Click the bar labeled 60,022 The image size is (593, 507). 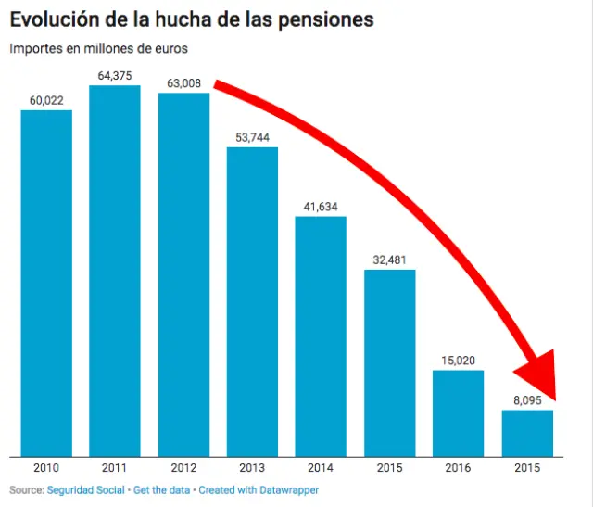46,283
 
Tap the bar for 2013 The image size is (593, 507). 252,301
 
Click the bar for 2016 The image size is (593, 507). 458,413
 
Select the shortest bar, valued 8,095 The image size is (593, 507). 527,433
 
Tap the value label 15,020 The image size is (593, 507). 458,361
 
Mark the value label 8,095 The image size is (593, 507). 526,401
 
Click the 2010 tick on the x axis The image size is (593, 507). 46,469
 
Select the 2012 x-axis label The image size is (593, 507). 183,469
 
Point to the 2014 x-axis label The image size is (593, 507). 321,469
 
